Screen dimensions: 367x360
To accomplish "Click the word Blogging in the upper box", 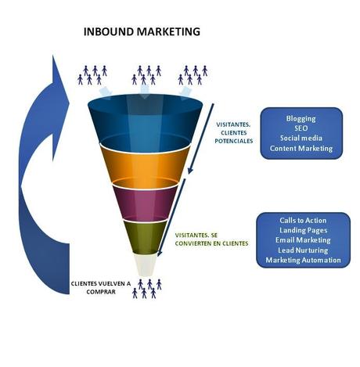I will (301, 118).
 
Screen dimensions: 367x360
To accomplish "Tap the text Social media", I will (301, 138).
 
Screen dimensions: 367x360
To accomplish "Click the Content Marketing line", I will (301, 148).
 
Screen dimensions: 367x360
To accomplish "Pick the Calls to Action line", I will (303, 220).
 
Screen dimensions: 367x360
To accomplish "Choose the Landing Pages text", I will (303, 230).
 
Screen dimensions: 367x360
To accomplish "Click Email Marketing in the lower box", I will (303, 240).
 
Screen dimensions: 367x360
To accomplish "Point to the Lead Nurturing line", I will (303, 250).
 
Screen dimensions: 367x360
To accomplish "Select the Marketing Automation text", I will (303, 260).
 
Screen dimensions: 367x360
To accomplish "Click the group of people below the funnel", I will (146, 288).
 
